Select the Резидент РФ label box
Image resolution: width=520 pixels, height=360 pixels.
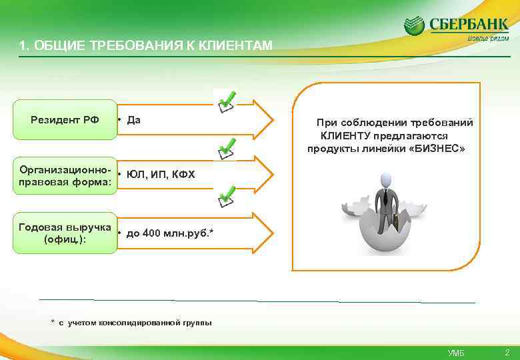pos(65,120)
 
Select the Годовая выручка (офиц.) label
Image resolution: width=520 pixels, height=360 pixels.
pos(65,233)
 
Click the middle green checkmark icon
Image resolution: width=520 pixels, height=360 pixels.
pos(226,148)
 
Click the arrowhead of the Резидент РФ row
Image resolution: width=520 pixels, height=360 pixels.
pos(264,121)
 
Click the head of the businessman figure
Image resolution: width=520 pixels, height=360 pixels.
pos(385,180)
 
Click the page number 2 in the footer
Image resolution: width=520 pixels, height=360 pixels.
pos(507,351)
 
